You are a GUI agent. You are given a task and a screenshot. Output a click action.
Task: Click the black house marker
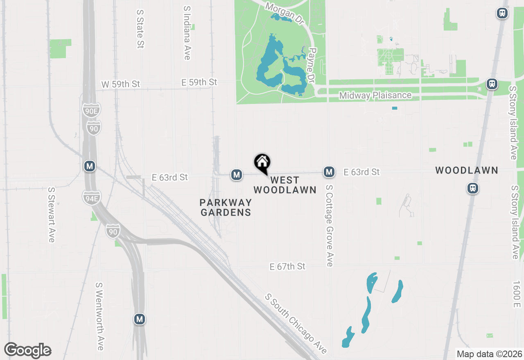point(262,163)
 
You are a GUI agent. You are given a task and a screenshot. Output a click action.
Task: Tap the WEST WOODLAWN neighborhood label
point(285,185)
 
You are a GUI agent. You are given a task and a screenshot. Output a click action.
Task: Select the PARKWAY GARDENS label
point(226,207)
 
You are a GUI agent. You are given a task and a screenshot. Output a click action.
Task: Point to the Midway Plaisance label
point(375,96)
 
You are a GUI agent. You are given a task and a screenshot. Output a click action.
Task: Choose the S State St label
point(140,27)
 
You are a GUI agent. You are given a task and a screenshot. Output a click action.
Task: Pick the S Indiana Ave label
point(187,33)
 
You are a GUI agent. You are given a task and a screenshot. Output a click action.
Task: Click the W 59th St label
point(120,84)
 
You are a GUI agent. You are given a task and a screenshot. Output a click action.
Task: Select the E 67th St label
point(287,267)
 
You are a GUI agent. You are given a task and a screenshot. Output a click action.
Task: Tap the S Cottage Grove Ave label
point(330,225)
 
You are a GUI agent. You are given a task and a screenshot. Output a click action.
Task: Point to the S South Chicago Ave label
point(296,323)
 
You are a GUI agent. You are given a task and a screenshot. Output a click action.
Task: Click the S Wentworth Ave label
point(99,316)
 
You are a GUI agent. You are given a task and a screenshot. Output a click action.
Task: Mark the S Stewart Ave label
point(51,214)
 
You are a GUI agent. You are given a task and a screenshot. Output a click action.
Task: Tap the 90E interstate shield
point(91,110)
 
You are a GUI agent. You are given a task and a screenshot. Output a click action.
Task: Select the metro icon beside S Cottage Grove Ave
point(329,172)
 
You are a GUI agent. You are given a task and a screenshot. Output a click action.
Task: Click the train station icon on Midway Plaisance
point(492,84)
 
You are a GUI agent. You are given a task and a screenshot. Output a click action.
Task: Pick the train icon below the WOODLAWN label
point(473,188)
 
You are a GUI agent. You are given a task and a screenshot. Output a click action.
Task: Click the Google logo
point(28,351)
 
